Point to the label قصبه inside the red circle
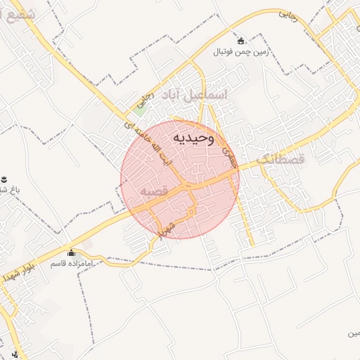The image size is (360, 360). click(153, 191)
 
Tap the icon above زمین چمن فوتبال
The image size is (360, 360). click(242, 41)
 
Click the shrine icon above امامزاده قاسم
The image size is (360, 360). click(70, 253)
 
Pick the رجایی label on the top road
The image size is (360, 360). click(288, 13)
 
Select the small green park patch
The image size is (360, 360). click(141, 109)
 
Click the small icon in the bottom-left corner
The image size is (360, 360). click(15, 354)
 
